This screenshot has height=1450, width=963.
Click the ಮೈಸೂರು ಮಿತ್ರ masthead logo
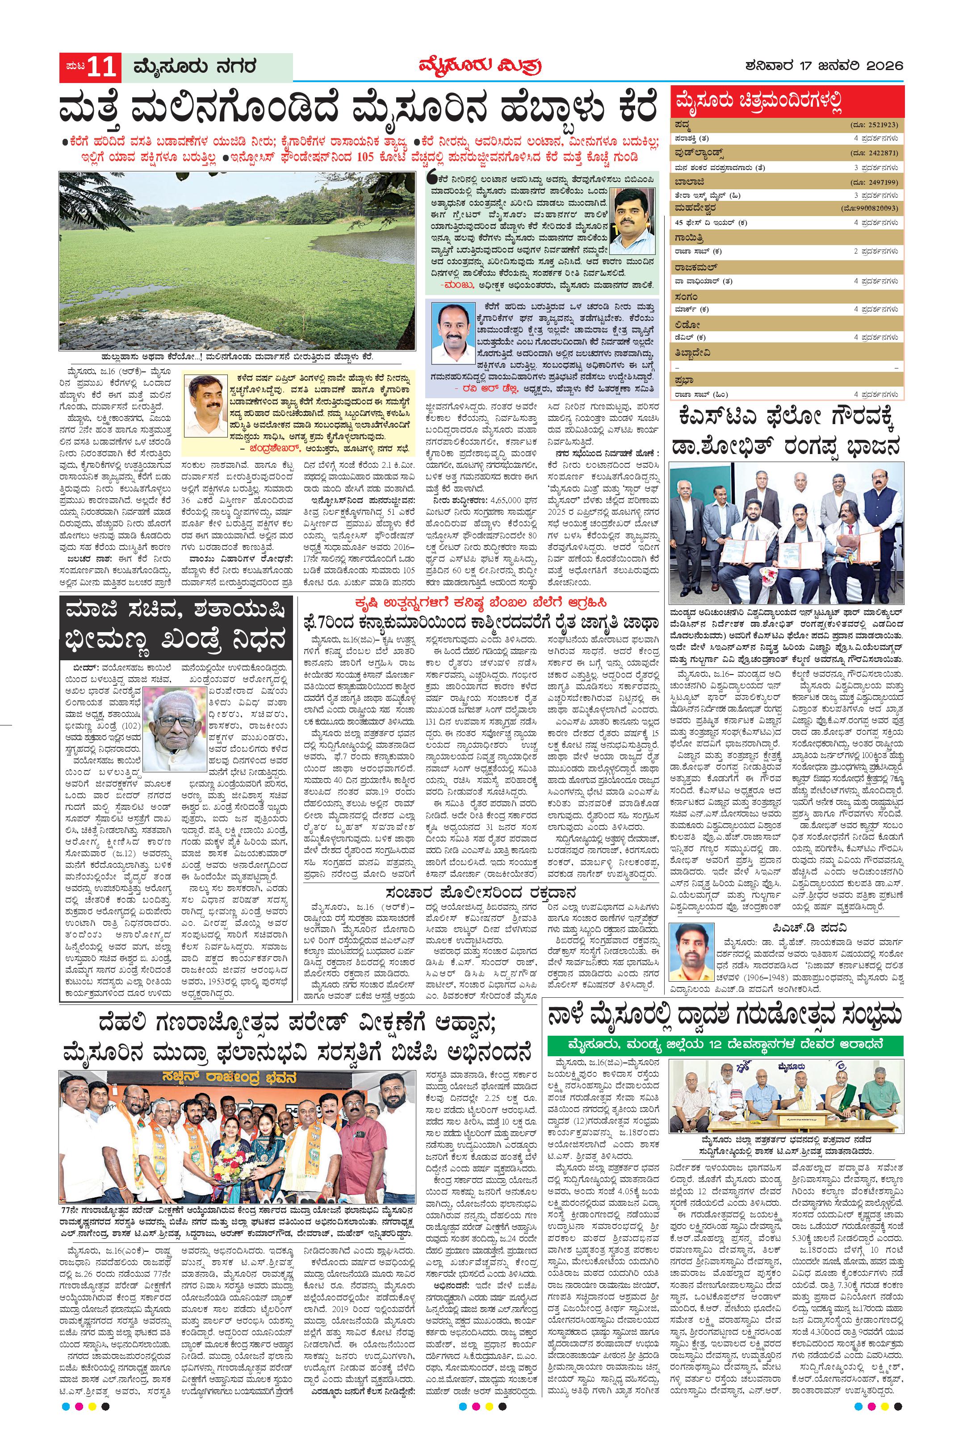(480, 67)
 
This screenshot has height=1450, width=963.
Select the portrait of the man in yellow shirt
(632, 217)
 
